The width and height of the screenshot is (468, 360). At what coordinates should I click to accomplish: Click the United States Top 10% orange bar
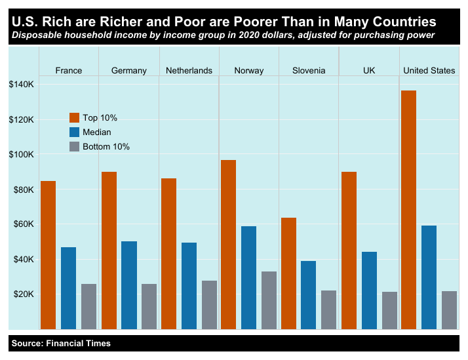point(408,209)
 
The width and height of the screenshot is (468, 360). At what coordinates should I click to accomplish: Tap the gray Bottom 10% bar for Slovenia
point(329,310)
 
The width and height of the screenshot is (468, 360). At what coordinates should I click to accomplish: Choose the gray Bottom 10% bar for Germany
point(149,306)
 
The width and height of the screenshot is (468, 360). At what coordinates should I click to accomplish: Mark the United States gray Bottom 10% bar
point(449,310)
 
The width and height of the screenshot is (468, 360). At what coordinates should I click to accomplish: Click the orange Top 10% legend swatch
point(75,117)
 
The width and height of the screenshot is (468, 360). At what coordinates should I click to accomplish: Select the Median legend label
point(96,132)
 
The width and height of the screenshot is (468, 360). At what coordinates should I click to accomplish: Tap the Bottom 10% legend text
point(106,146)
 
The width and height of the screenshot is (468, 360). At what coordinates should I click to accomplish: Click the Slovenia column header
point(309,70)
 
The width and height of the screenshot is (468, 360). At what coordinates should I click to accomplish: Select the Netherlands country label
point(189,70)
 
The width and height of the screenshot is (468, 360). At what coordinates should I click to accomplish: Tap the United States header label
point(429,70)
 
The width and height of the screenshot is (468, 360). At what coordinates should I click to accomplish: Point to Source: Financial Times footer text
point(61,343)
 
